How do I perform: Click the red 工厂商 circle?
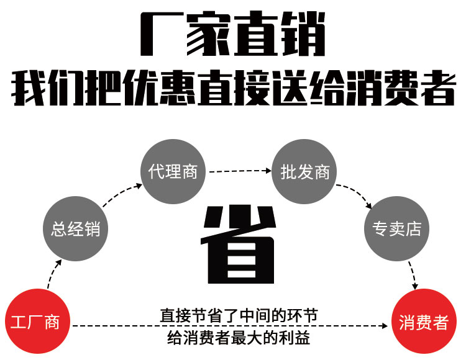tap(35, 323)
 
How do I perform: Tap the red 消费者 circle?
tap(424, 323)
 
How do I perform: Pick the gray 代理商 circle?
tap(173, 171)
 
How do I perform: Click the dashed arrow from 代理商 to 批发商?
tap(239, 169)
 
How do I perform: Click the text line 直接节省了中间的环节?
tap(239, 315)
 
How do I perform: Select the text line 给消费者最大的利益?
tap(239, 338)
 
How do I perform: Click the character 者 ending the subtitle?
tap(435, 89)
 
